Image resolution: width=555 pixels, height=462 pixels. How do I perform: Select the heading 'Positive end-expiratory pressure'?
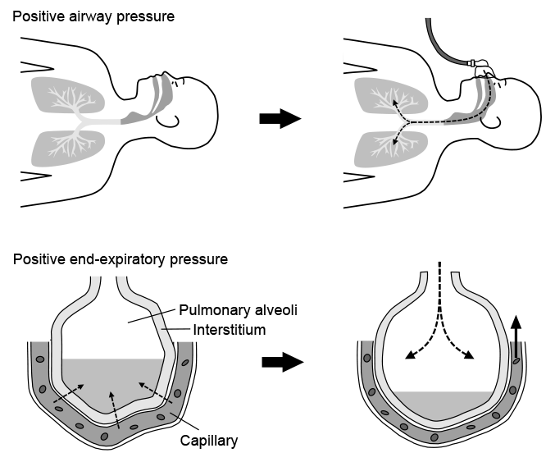[121, 260]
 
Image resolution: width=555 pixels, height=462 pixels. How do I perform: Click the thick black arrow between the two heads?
[280, 119]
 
